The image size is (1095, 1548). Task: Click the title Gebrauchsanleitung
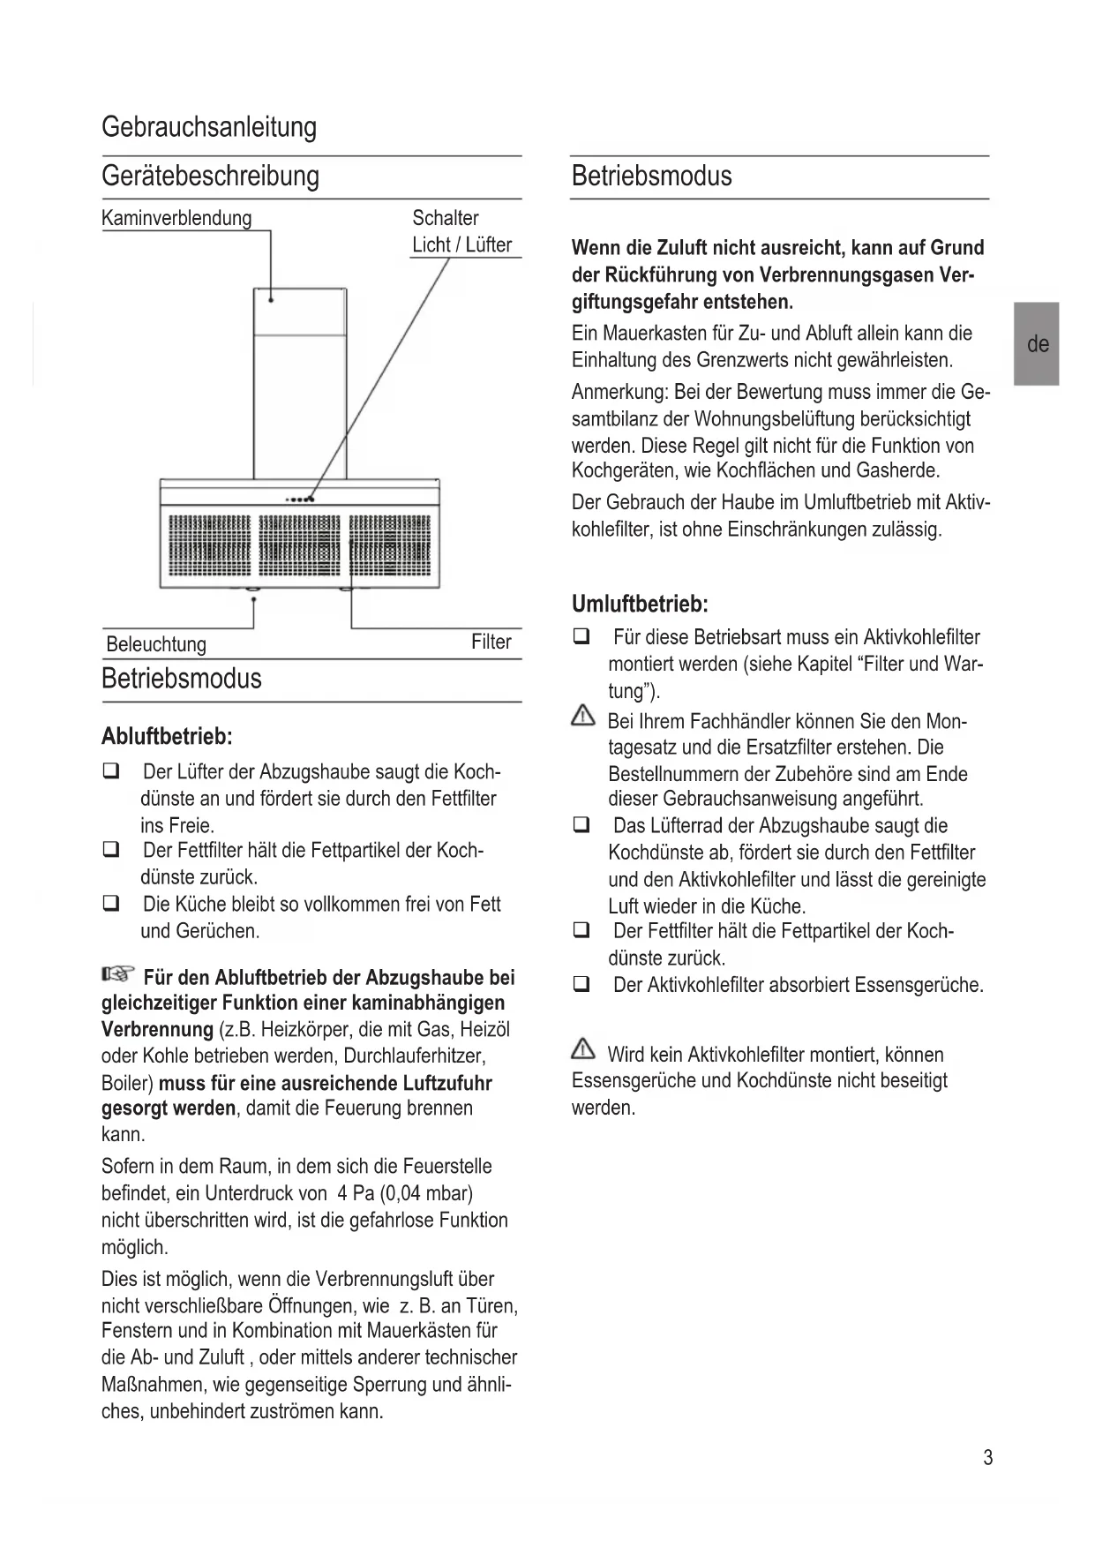point(209,127)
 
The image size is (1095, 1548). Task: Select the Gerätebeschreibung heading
point(210,176)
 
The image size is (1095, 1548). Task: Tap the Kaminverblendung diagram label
point(176,218)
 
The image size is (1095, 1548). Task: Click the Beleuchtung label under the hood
point(156,644)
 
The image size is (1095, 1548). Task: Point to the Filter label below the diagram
point(491,642)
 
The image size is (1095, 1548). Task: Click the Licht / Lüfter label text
point(461,244)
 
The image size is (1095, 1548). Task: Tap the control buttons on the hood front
point(300,500)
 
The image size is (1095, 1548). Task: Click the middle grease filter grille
point(299,545)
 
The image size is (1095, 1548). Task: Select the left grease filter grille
point(209,545)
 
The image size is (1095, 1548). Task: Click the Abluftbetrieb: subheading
point(167,736)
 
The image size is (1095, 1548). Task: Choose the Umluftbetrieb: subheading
point(640,605)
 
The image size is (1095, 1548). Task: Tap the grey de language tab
point(1037,344)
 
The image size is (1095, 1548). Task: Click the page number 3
point(987,1458)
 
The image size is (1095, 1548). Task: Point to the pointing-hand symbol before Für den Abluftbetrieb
point(117,975)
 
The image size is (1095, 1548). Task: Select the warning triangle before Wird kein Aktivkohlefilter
point(583,1049)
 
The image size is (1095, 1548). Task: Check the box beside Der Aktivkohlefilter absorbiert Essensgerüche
point(581,984)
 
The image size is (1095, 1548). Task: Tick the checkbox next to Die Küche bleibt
point(111,904)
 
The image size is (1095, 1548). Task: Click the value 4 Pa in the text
point(355,1193)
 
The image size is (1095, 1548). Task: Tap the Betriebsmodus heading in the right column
point(651,176)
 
